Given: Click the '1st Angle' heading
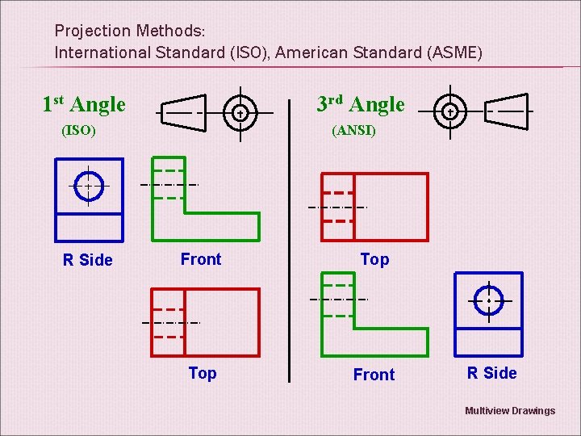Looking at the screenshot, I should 84,104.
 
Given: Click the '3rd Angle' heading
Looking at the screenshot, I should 360,104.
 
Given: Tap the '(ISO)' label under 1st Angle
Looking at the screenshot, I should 79,131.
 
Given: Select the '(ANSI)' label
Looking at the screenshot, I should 353,131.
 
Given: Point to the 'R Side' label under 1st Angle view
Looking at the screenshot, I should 88,260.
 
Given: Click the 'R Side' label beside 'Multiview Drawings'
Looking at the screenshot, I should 491,373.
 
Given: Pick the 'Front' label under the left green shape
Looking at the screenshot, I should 201,259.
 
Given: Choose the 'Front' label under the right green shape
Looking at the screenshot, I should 374,375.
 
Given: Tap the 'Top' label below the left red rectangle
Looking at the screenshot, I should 203,373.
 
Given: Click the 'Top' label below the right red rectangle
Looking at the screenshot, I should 374,259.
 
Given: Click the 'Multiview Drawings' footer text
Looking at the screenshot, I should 510,411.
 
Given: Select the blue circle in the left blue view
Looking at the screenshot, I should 88,185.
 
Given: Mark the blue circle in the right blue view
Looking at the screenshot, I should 489,300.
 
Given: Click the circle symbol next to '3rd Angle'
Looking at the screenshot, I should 450,111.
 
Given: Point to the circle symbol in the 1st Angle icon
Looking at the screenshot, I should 240,113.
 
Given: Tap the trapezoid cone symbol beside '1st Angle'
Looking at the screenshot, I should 182,113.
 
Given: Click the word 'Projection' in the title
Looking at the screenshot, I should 92,31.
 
